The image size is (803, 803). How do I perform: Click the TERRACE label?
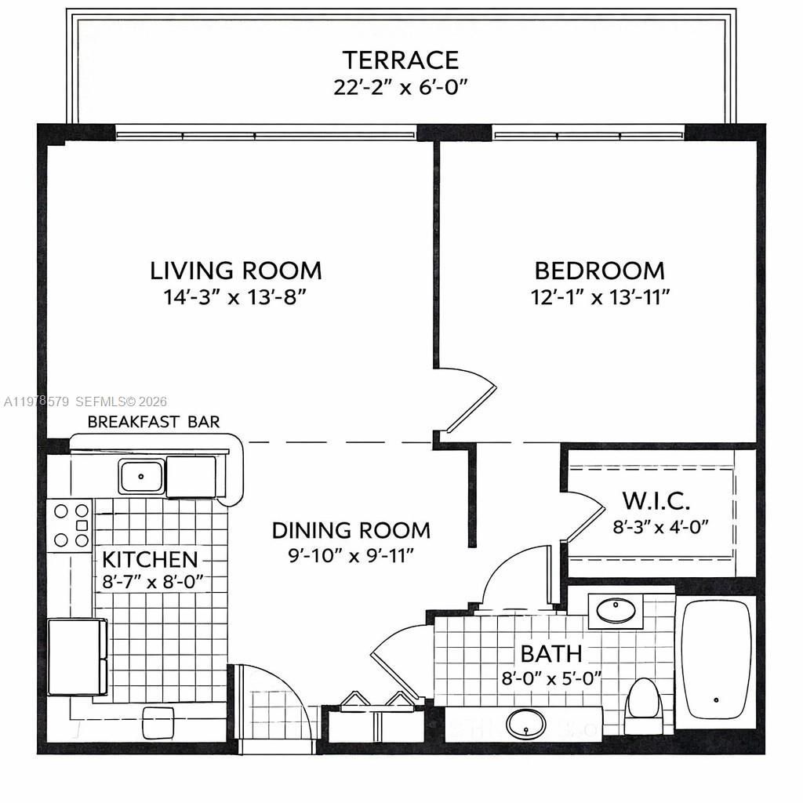point(401,60)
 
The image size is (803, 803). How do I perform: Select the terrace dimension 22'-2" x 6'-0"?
point(401,86)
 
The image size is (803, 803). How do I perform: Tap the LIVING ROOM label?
point(236,271)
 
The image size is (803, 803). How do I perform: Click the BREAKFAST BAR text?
point(154,422)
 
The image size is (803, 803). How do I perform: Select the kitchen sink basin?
point(141,476)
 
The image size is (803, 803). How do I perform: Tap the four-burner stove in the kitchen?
point(71,525)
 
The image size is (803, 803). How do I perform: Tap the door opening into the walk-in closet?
point(582,518)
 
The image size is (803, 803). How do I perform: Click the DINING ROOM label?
point(351,530)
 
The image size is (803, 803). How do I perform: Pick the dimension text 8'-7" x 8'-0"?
point(154,581)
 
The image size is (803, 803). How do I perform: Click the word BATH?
point(551,653)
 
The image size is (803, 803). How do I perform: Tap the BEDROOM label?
point(599,271)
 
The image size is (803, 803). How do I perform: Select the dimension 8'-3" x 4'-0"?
point(660,525)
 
